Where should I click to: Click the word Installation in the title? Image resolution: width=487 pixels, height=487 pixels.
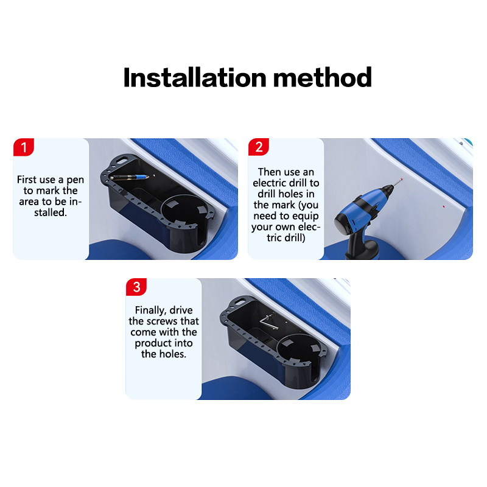coord(195,77)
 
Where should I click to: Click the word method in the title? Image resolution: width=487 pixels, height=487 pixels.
coord(323,77)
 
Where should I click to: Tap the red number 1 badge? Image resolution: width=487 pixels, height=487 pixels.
coord(24,147)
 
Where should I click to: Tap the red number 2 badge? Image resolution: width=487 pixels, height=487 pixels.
coord(259,147)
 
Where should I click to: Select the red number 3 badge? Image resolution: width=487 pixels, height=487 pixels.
coord(136,287)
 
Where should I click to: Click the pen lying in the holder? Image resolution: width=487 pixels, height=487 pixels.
coord(129,177)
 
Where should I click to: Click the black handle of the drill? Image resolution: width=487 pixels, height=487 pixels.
coord(360,246)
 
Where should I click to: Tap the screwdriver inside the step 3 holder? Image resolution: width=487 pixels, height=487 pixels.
coord(268,321)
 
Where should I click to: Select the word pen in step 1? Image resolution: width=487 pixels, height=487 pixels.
coord(75,180)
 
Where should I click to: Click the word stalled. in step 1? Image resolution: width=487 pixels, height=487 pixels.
coord(51,212)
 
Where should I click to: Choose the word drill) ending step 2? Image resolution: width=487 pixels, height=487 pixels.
coord(295,238)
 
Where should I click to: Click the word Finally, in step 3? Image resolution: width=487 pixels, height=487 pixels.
coord(150,310)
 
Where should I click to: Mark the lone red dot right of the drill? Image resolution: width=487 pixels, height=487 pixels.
coord(444,206)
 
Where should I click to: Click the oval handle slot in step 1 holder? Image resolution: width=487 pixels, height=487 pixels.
coord(123,160)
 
